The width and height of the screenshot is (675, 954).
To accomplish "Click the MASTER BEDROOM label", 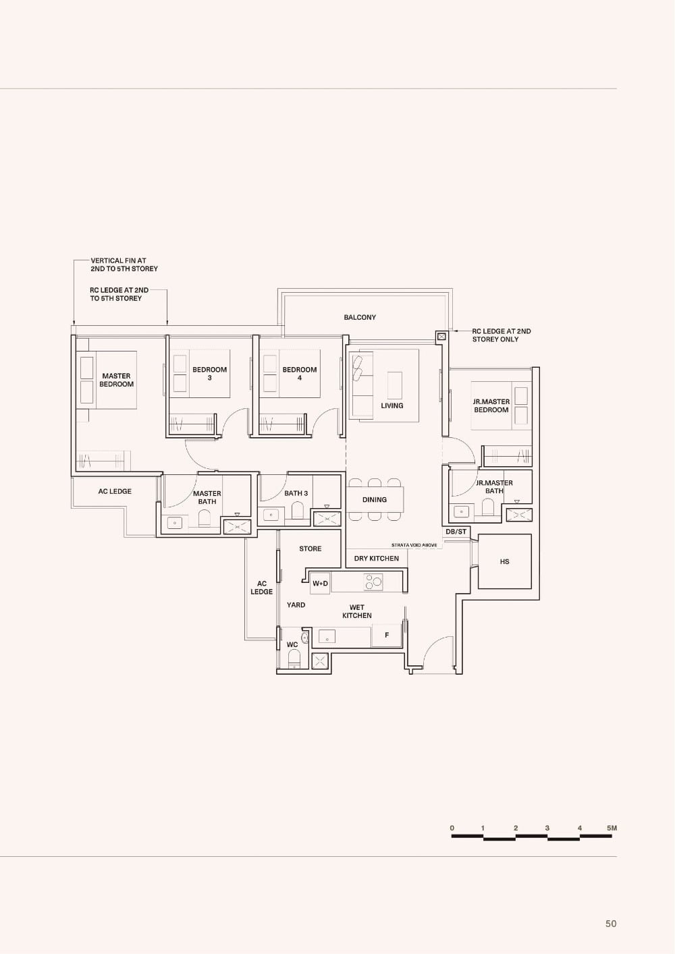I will [x=117, y=380].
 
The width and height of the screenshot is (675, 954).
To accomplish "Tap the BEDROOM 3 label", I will [x=209, y=373].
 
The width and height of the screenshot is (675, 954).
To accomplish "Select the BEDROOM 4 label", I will [x=300, y=373].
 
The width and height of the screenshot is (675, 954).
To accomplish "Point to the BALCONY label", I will [x=360, y=317].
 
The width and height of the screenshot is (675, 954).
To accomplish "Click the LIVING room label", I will [x=392, y=405].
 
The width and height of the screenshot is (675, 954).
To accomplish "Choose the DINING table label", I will [x=375, y=500].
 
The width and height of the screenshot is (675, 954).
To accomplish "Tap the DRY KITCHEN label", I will [x=377, y=559].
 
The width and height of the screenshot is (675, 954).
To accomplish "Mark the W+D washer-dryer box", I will [x=320, y=584].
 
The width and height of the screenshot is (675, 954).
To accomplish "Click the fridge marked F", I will [x=387, y=636].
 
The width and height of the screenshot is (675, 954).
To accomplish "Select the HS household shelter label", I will [x=505, y=561].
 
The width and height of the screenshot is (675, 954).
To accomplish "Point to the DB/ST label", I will [x=456, y=532].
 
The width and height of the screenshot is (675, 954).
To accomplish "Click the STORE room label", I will [x=310, y=549].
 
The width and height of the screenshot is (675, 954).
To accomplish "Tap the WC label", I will [x=292, y=645].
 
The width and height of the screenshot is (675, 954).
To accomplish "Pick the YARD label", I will [x=296, y=605].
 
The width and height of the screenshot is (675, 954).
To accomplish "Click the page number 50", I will [x=611, y=924].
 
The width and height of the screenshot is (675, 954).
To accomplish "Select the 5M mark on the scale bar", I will [x=612, y=828].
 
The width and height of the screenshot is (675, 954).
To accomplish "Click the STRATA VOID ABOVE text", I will [x=414, y=545].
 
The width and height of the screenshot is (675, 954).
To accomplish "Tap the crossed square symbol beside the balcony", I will [x=441, y=336].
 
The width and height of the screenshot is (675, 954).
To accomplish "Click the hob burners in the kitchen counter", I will [x=373, y=582].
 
